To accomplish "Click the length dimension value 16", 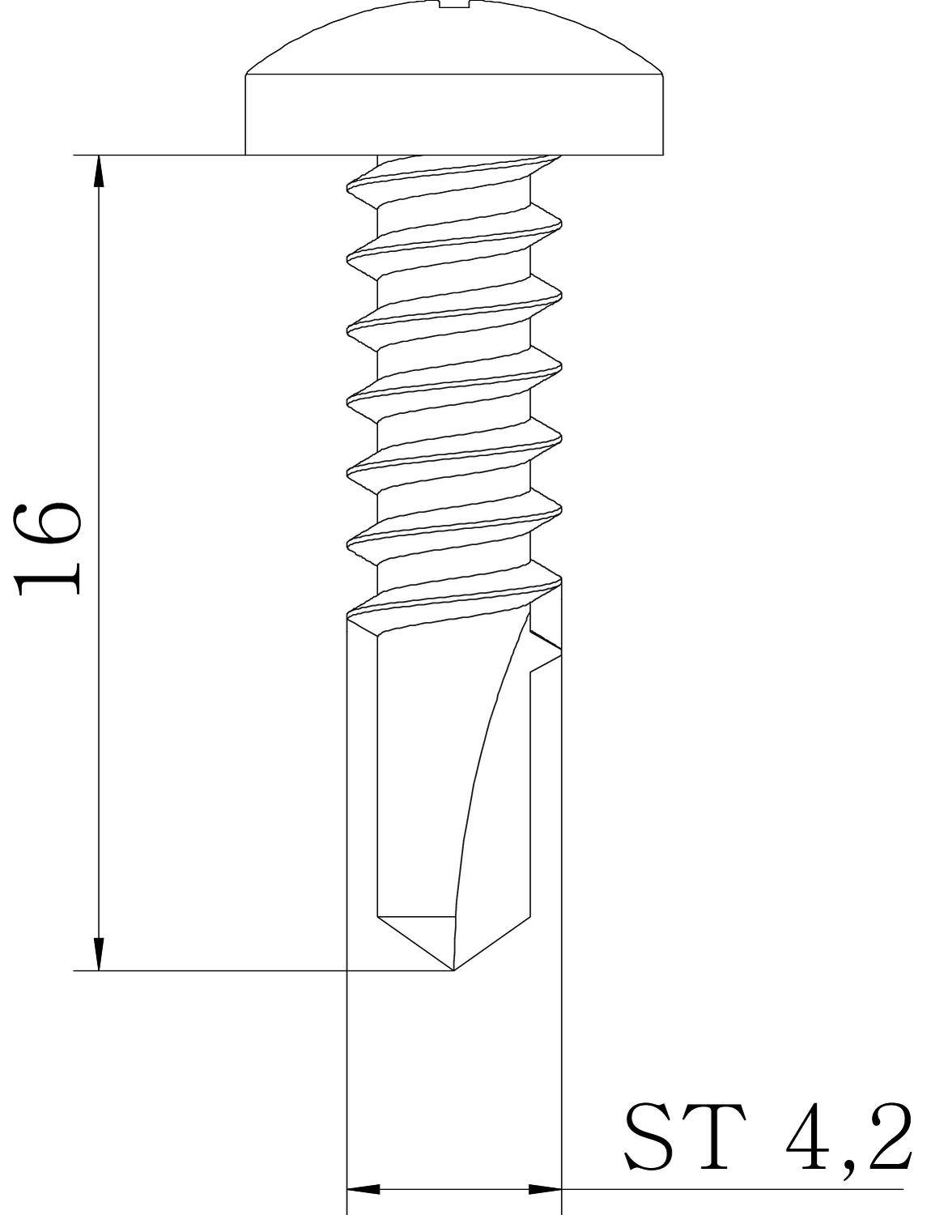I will tap(49, 548).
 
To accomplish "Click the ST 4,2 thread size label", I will tap(768, 1136).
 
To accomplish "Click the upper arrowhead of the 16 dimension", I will tap(99, 170).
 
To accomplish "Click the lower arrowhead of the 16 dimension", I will tap(99, 954).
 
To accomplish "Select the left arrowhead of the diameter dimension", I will tap(363, 1189).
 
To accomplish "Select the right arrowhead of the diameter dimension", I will tap(545, 1189).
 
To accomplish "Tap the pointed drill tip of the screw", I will tap(453, 968).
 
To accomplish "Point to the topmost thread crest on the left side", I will tap(350, 189).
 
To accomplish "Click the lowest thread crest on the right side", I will tap(559, 580).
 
